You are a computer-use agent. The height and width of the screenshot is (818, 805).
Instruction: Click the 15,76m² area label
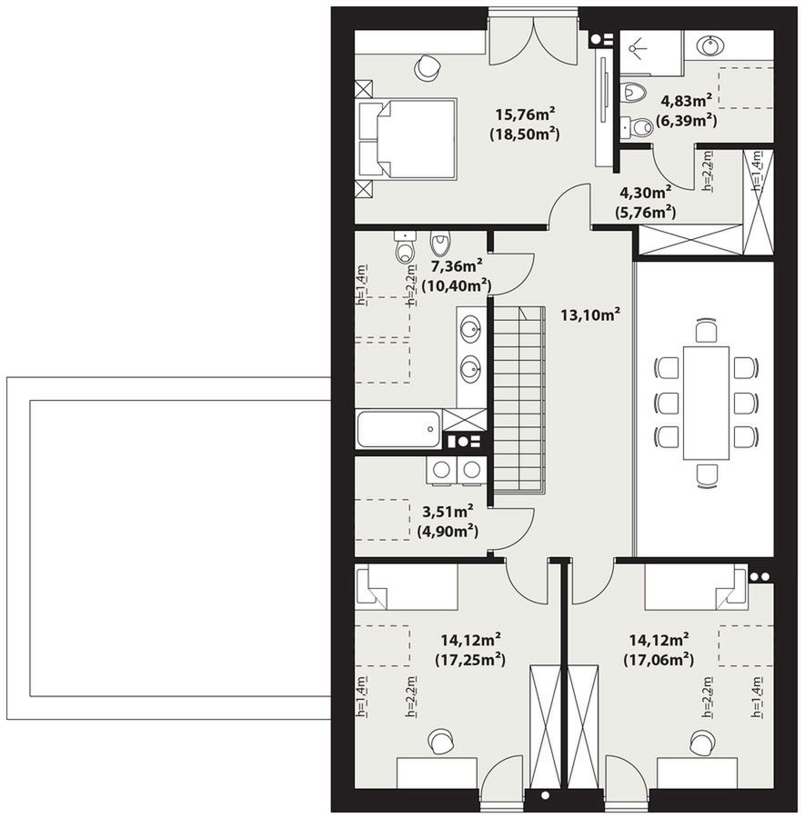click(525, 114)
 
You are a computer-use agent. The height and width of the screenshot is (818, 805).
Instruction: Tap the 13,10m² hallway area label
click(590, 314)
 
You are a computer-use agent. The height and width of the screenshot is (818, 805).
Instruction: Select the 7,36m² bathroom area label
click(457, 265)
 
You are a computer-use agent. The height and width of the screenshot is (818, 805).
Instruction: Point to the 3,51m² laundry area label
click(448, 511)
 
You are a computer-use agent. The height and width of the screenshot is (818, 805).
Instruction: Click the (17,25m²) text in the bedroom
click(470, 660)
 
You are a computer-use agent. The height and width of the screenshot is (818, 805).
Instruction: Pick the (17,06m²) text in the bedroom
click(659, 660)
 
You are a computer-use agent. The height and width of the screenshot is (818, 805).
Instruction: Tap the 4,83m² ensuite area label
click(687, 100)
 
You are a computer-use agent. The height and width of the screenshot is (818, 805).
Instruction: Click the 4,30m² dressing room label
click(645, 193)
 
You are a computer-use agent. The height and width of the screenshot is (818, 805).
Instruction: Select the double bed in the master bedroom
click(406, 139)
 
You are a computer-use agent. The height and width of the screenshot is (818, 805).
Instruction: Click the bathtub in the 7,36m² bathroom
click(399, 429)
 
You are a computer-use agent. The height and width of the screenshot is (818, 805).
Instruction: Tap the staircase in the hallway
click(518, 399)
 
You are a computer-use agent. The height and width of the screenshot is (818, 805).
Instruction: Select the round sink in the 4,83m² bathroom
click(710, 45)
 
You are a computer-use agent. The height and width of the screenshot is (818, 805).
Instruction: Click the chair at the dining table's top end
click(706, 331)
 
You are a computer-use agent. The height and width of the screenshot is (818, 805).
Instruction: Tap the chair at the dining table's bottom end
click(706, 475)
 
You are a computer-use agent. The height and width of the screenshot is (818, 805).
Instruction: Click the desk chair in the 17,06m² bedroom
click(701, 741)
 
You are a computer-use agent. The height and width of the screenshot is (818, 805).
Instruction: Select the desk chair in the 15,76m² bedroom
click(427, 68)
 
